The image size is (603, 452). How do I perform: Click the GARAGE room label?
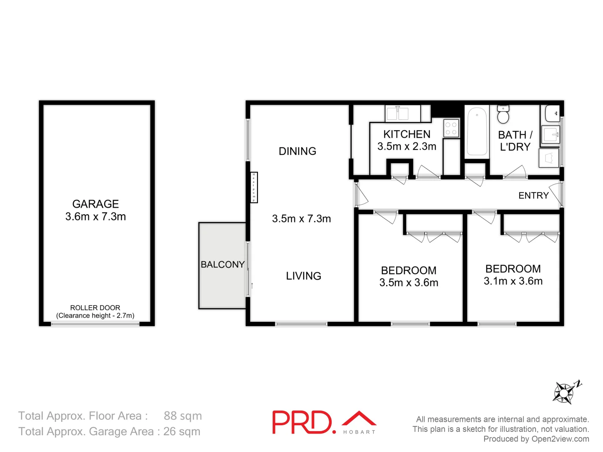point(95,204)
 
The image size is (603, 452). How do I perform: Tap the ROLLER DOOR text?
point(95,308)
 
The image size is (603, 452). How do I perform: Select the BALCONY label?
point(222,265)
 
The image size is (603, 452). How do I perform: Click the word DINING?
point(297,151)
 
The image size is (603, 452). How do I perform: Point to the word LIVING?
point(304,276)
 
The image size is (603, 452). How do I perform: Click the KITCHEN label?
point(407,134)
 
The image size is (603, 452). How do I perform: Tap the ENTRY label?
point(533,195)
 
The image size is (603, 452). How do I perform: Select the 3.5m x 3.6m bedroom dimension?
point(409,282)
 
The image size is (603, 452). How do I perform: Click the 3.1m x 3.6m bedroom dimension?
point(513,281)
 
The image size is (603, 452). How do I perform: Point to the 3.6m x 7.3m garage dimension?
point(95,216)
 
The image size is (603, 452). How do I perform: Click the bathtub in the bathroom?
point(477,131)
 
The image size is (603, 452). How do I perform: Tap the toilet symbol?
point(503,115)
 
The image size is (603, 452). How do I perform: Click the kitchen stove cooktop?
point(451,128)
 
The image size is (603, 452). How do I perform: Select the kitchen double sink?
point(397,113)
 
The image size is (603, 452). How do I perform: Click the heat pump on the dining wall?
point(254,187)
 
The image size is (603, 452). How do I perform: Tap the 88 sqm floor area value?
point(183,416)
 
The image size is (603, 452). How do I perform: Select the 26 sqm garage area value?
point(182,431)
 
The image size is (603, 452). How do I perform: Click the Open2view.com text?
point(560,439)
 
